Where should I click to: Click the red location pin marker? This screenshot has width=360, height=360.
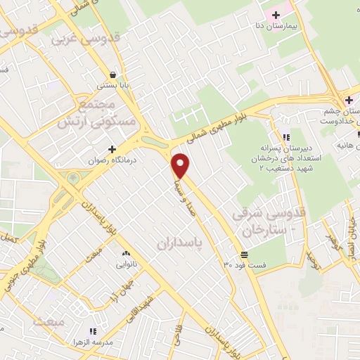pyautogui.click(x=181, y=165)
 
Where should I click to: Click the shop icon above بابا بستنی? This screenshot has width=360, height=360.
pyautogui.click(x=111, y=75)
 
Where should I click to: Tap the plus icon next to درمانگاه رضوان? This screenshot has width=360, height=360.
pyautogui.click(x=112, y=149)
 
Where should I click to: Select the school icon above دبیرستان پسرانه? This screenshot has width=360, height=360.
pyautogui.click(x=285, y=138)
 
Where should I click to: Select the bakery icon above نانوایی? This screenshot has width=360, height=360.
pyautogui.click(x=127, y=253)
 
